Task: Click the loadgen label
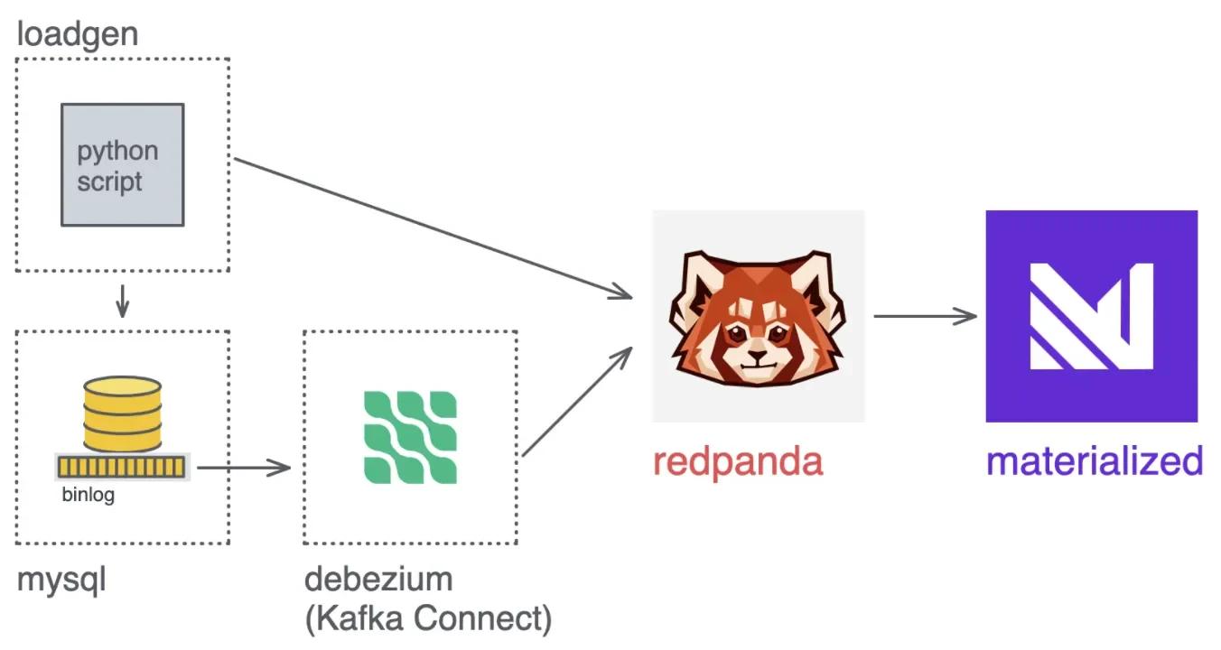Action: coord(78,35)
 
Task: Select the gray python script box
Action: coord(123,164)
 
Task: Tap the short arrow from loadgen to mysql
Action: coord(123,302)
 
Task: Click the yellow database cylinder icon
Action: coord(122,415)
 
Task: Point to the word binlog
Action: coord(89,496)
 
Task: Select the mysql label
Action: coord(61,580)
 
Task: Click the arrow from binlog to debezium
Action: coord(244,468)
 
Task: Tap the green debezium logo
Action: coord(410,438)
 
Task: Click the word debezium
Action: coord(378,579)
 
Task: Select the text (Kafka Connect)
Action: coord(428,618)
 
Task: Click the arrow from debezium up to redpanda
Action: coord(578,399)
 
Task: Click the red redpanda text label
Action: coord(738,461)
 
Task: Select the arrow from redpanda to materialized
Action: coord(926,316)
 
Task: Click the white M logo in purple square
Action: coord(1091,316)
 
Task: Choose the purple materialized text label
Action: coord(1095,461)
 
